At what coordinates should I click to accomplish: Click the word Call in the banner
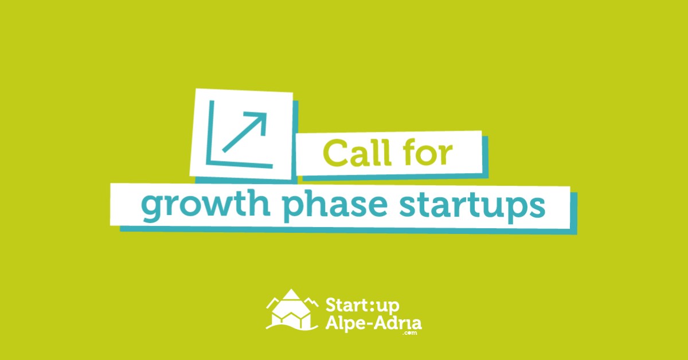tap(357, 152)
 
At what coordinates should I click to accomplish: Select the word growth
tap(205, 205)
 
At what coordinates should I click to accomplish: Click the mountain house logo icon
tap(292, 310)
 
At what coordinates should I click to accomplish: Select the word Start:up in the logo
tap(362, 306)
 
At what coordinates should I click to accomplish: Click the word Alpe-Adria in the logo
tap(373, 323)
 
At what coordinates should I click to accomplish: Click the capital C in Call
tap(336, 152)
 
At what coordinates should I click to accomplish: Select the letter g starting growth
tap(153, 208)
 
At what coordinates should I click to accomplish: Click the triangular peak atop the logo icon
tap(291, 294)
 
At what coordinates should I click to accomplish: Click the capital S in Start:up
tap(331, 305)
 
